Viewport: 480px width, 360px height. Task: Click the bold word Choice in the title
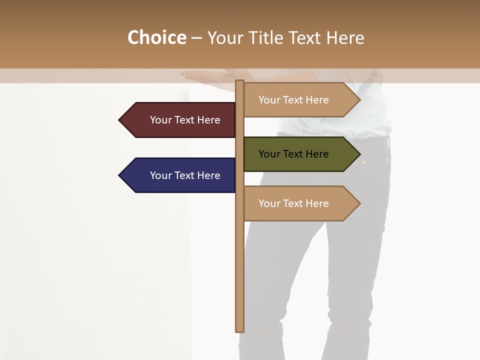coord(156,38)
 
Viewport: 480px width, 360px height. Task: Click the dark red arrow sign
coord(180,120)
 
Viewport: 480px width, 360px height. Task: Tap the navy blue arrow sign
coord(180,175)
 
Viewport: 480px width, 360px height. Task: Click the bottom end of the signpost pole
coord(239,329)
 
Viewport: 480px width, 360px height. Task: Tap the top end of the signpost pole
coord(239,82)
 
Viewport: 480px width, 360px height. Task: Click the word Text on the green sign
coord(293,154)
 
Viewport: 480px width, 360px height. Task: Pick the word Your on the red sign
coord(161,120)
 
